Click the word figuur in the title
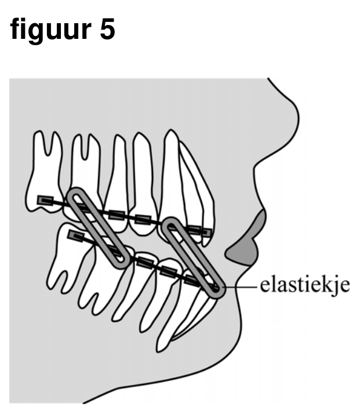pyautogui.click(x=50, y=30)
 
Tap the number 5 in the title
pyautogui.click(x=107, y=29)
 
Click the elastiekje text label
pyautogui.click(x=305, y=286)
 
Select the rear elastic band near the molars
pyautogui.click(x=99, y=228)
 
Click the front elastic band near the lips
pyautogui.click(x=193, y=257)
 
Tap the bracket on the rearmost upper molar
pyautogui.click(x=45, y=200)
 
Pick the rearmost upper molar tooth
pyautogui.click(x=44, y=172)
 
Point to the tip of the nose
pyautogui.click(x=299, y=116)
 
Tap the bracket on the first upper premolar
pyautogui.click(x=143, y=219)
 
